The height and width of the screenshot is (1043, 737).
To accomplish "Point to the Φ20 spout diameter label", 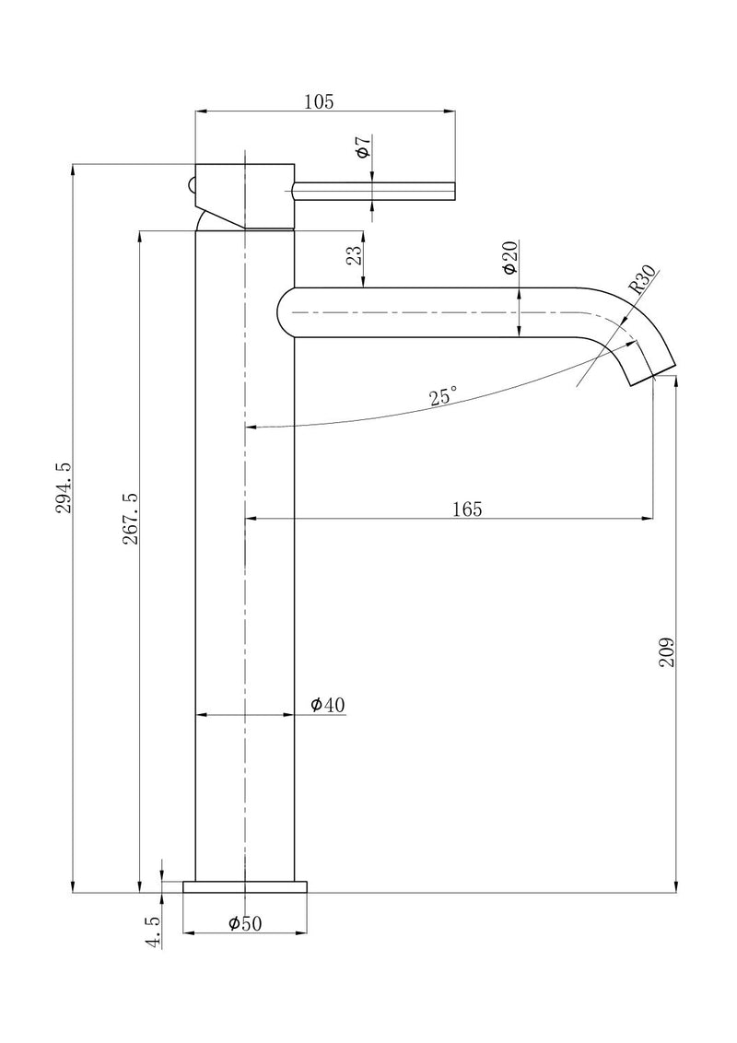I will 509,257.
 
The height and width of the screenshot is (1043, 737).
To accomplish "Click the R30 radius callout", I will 643,278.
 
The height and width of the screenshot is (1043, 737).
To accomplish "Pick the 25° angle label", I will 442,397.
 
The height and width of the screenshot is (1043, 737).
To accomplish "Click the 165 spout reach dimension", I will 467,509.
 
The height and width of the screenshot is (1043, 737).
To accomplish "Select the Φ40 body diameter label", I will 327,705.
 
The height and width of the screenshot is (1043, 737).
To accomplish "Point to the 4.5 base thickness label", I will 153,931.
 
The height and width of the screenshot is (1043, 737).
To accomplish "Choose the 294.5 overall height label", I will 64,502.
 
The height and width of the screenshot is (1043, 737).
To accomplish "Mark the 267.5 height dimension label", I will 130,519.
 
